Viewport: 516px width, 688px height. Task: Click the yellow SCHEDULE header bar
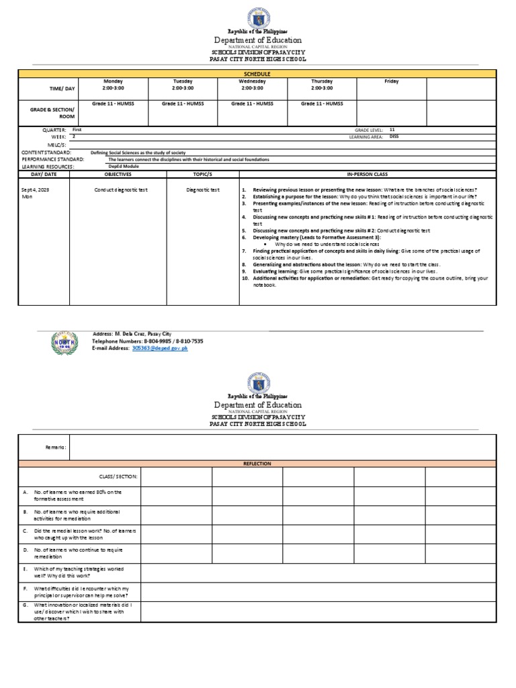[257, 74]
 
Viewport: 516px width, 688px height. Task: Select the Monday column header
[112, 81]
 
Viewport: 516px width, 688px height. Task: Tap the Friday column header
[391, 81]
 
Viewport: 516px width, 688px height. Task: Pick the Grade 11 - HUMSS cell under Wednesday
[252, 104]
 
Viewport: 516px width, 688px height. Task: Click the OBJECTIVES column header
[112, 174]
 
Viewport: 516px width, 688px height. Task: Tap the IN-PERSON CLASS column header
[368, 174]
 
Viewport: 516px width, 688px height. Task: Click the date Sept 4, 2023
[36, 190]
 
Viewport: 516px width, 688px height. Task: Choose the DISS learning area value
[394, 136]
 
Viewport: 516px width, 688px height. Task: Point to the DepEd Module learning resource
[124, 166]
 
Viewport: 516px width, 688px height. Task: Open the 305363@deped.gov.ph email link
[160, 349]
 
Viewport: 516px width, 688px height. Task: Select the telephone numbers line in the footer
[147, 341]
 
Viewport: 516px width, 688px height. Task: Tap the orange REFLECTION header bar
[257, 464]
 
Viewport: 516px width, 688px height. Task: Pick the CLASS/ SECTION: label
[118, 476]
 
